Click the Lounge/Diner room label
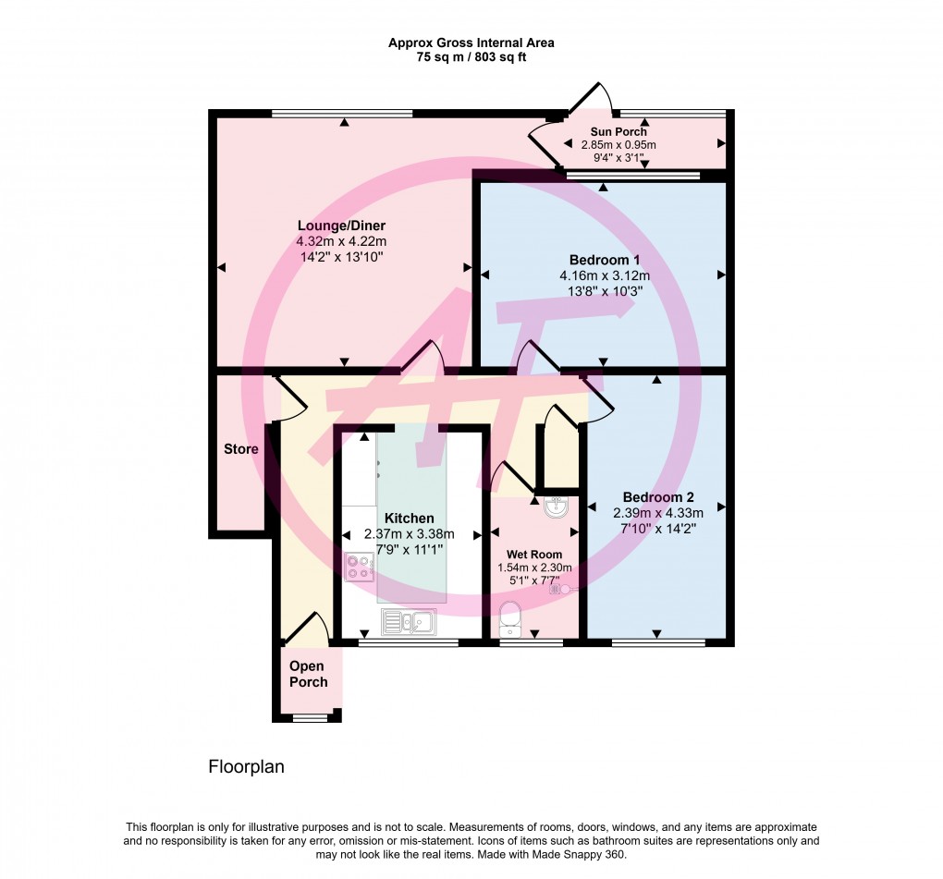341,226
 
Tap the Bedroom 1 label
603,260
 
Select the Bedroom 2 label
657,496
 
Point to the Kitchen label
409,519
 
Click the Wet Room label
534,555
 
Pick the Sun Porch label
618,132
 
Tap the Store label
240,450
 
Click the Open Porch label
308,674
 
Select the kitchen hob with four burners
359,566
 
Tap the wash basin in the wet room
557,507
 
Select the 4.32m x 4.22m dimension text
341,242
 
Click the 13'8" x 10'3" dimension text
603,290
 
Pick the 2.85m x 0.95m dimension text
618,145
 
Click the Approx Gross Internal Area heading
471,43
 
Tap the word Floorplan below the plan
245,766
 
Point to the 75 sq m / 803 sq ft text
471,57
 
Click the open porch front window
309,717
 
